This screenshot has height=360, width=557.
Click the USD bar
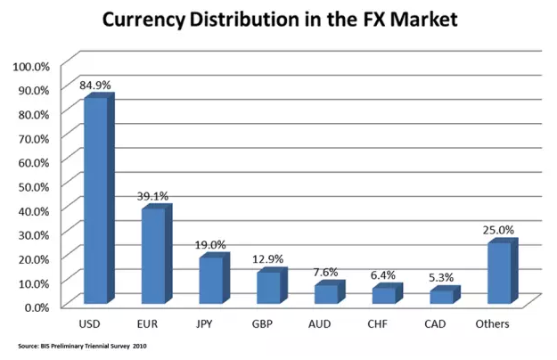pyautogui.click(x=95, y=200)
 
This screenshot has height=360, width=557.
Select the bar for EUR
pyautogui.click(x=153, y=256)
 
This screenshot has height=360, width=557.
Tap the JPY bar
pyautogui.click(x=210, y=280)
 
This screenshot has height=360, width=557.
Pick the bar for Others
pyautogui.click(x=499, y=273)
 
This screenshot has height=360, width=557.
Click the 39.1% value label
pyautogui.click(x=153, y=196)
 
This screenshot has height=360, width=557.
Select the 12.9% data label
pyautogui.click(x=268, y=259)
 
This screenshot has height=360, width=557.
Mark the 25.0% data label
pyautogui.click(x=499, y=230)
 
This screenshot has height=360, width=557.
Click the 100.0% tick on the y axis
pyautogui.click(x=31, y=67)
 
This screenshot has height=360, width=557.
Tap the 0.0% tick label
pyautogui.click(x=37, y=306)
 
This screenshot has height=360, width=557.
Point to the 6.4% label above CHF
pyautogui.click(x=384, y=275)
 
